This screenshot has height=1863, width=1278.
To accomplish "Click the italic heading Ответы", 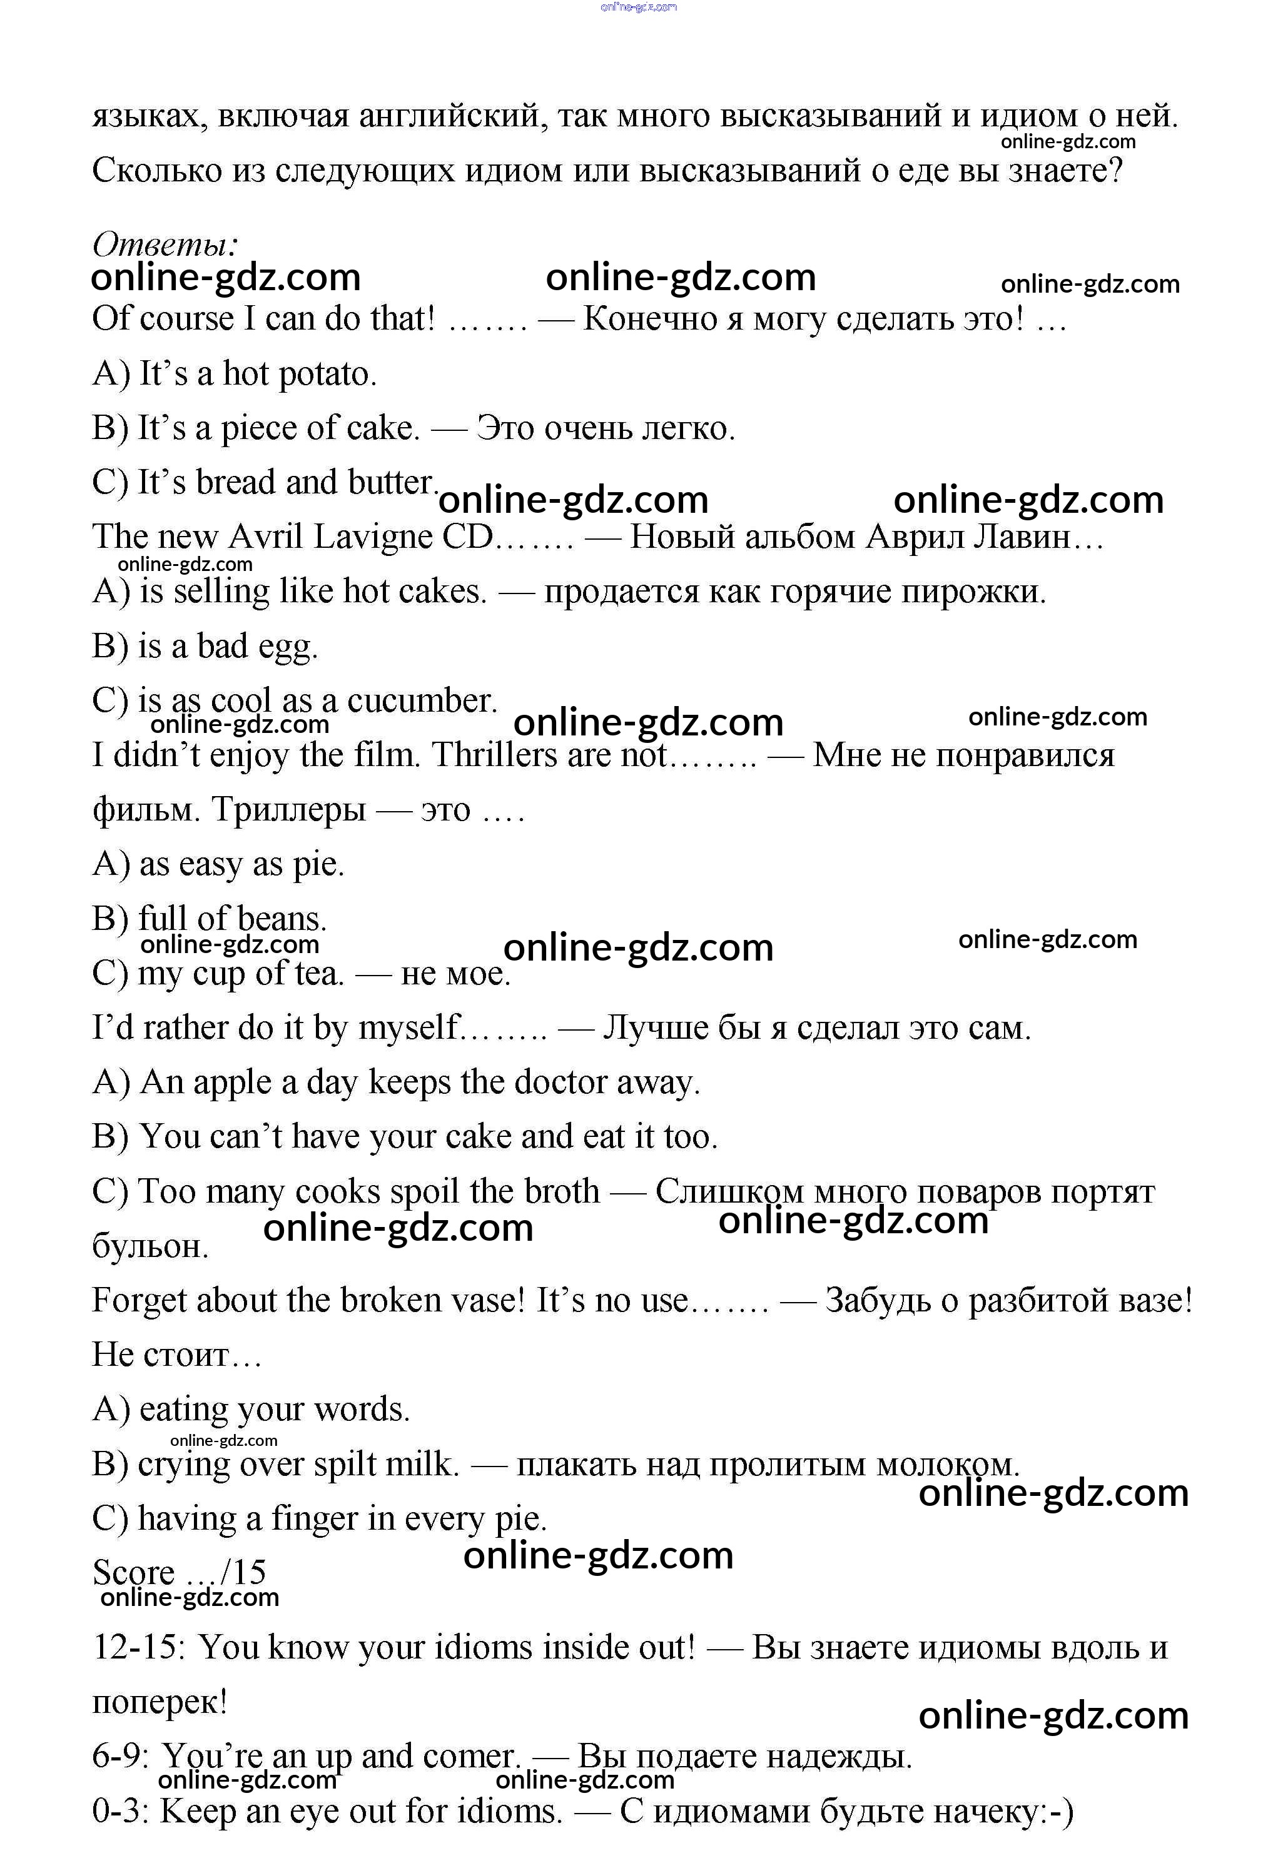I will tap(165, 244).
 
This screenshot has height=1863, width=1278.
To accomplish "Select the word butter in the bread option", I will tap(392, 483).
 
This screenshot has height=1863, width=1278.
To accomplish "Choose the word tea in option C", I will tap(320, 973).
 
